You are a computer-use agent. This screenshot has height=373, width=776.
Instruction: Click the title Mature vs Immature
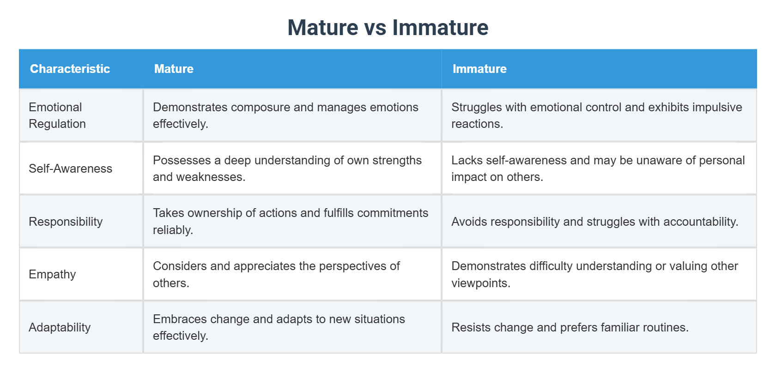[x=388, y=28]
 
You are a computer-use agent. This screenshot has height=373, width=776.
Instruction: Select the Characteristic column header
[x=70, y=69]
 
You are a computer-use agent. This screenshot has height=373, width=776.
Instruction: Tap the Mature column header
[x=174, y=69]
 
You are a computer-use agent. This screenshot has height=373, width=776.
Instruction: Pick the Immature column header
[x=479, y=69]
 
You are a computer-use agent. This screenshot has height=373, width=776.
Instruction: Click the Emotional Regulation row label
[x=57, y=115]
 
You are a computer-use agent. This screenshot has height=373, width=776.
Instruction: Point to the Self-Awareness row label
[x=70, y=168]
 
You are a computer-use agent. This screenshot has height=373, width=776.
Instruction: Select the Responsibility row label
[x=66, y=222]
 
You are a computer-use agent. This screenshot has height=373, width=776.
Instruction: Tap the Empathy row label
[x=52, y=274]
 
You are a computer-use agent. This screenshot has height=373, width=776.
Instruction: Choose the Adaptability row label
[x=60, y=327]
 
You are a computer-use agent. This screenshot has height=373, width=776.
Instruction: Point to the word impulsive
[x=718, y=107]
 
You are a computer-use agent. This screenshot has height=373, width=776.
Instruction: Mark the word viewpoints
[x=480, y=283]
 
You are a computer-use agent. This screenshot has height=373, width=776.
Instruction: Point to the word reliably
[x=172, y=230]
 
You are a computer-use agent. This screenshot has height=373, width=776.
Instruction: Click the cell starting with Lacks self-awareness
[x=599, y=168]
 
